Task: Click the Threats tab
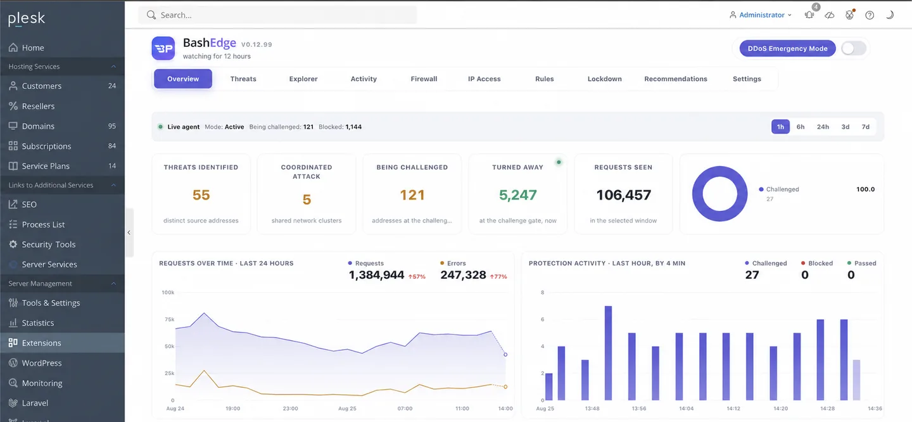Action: coord(243,79)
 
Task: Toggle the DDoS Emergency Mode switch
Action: coord(853,48)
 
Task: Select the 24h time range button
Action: coord(823,127)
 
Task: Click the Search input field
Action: coord(277,15)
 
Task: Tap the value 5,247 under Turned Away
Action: coord(517,195)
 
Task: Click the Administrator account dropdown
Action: coord(761,15)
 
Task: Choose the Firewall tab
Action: coord(424,79)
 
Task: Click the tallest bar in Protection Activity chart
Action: coord(608,353)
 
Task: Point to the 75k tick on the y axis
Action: coord(169,319)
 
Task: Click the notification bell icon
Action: coord(809,15)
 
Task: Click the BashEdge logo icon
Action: coord(163,48)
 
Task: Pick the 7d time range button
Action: coord(865,127)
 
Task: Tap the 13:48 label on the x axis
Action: coord(592,408)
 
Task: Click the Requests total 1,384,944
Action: coord(376,276)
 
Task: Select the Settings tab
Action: coord(747,79)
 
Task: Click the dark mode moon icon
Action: coord(890,15)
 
